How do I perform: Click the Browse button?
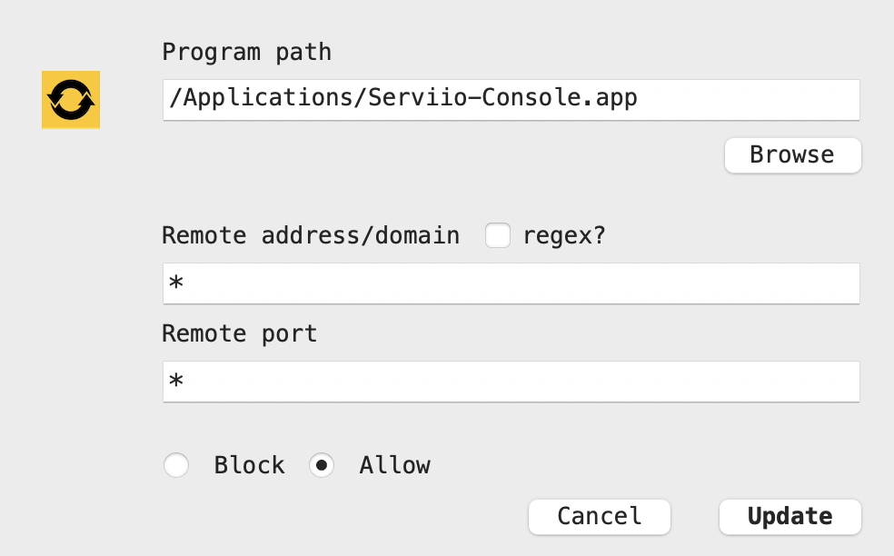click(792, 155)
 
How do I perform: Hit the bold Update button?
click(790, 517)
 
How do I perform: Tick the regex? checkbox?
click(498, 235)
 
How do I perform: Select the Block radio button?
click(176, 465)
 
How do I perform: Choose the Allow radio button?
click(322, 465)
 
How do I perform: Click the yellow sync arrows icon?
click(71, 100)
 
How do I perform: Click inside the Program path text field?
click(511, 100)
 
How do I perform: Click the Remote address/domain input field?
click(511, 283)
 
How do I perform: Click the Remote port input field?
click(511, 382)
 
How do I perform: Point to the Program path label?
click(247, 53)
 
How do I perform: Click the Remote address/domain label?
click(311, 235)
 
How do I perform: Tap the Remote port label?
click(240, 334)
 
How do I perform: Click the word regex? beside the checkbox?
click(564, 236)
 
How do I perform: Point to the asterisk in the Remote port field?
click(176, 380)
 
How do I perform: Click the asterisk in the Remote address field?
click(176, 282)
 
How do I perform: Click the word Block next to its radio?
click(249, 465)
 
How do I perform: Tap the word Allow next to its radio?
click(394, 465)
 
